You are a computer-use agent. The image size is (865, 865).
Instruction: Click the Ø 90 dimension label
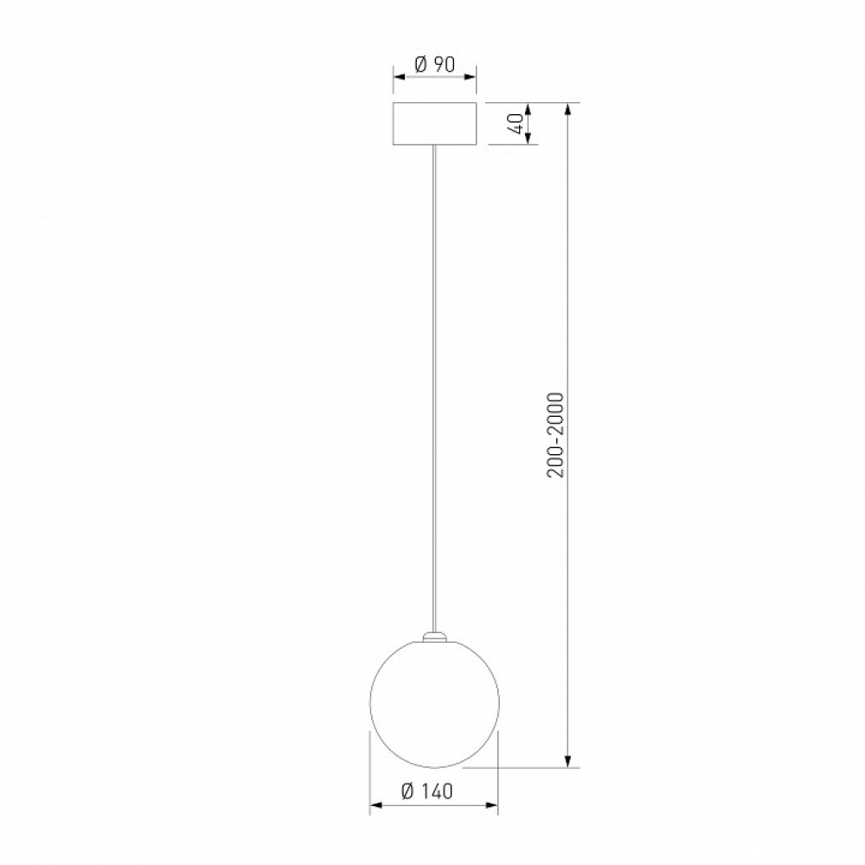(434, 65)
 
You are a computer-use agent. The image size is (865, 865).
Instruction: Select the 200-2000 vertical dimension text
(556, 435)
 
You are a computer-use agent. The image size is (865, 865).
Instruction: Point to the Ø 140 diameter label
(427, 791)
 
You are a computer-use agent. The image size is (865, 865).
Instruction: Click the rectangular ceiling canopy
(435, 124)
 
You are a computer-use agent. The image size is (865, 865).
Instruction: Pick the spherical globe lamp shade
(435, 703)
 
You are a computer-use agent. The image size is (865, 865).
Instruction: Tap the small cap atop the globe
(435, 637)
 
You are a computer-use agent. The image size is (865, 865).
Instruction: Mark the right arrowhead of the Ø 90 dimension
(470, 78)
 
